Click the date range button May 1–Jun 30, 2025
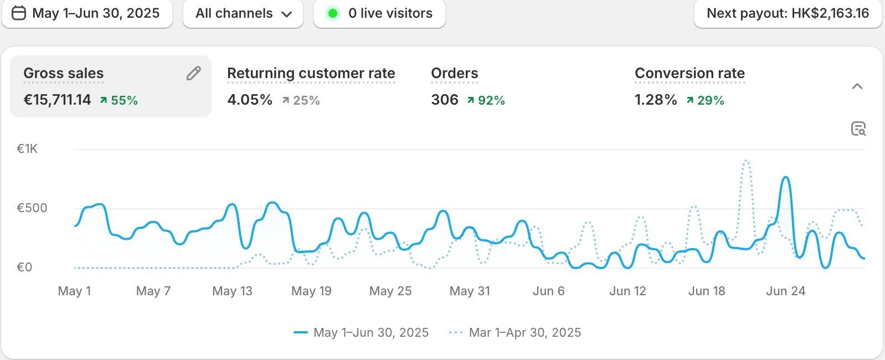tap(87, 13)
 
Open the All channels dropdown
tap(243, 13)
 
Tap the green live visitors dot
tap(332, 13)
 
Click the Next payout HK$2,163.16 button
tap(788, 13)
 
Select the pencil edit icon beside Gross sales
tap(193, 73)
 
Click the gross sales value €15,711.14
tap(57, 100)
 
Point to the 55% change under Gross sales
tap(119, 100)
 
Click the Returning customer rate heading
tap(311, 73)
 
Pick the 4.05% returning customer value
tap(250, 100)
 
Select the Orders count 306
tap(445, 100)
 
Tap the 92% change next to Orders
tap(486, 100)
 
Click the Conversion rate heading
tap(690, 73)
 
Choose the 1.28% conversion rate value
tap(656, 100)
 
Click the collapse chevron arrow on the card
tap(857, 86)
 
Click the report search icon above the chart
tap(858, 129)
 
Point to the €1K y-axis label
tap(27, 148)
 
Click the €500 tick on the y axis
tap(32, 208)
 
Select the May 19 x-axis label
tap(311, 291)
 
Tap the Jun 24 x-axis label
tap(785, 291)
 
